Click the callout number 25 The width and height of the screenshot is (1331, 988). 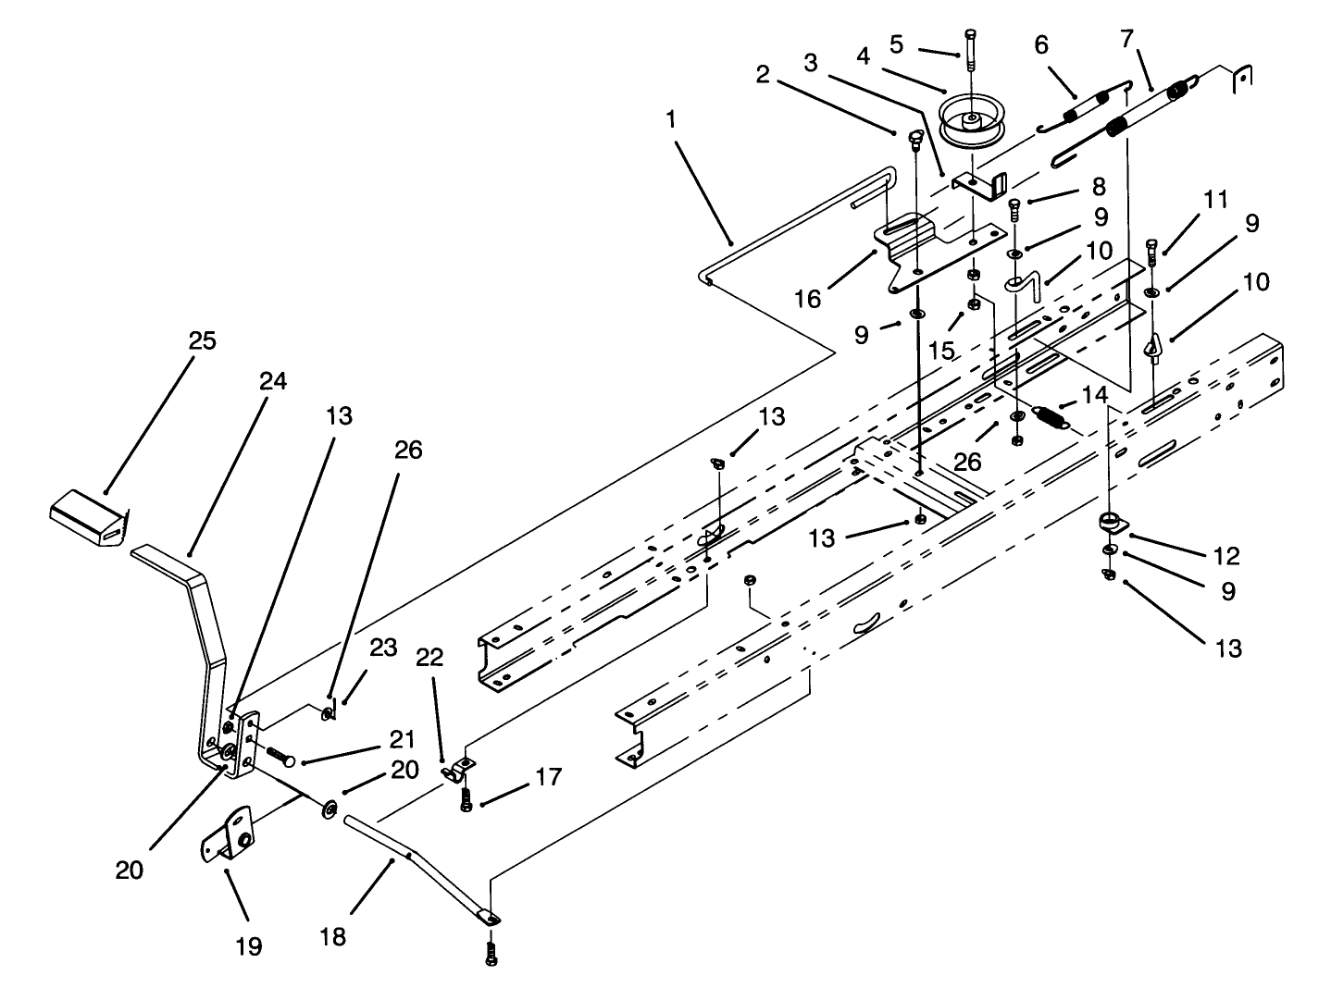click(202, 340)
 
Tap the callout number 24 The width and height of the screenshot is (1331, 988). click(273, 381)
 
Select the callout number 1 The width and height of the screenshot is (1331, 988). click(669, 121)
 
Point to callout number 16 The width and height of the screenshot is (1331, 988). click(807, 299)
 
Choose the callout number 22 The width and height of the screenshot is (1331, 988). click(429, 659)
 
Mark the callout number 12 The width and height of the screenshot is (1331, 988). click(1228, 556)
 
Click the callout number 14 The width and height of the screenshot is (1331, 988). click(1093, 395)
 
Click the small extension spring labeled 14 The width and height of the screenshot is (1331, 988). click(1049, 416)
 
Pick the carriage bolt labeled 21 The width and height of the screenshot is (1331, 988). click(278, 758)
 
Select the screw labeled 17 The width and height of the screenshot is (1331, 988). click(466, 800)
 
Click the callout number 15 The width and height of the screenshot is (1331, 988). click(941, 352)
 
